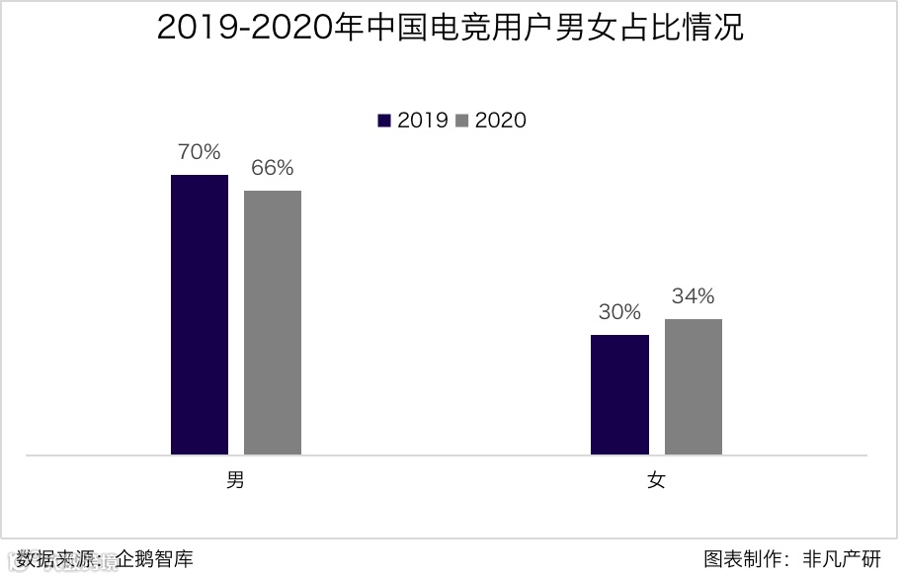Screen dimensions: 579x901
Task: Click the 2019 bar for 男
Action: pyautogui.click(x=200, y=314)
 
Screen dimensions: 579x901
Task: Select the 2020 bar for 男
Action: pyautogui.click(x=273, y=322)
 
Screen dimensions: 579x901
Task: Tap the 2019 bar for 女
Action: pyautogui.click(x=619, y=394)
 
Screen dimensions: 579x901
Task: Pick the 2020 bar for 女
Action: pyautogui.click(x=693, y=386)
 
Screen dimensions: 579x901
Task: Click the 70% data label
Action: pyautogui.click(x=199, y=152)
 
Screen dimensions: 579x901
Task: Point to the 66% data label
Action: pyautogui.click(x=272, y=168)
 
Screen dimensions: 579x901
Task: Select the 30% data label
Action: pyautogui.click(x=619, y=312)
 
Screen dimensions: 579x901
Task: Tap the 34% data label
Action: pyautogui.click(x=693, y=296)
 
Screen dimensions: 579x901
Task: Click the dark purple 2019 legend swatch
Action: pyautogui.click(x=384, y=121)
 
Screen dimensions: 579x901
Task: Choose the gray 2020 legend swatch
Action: pyautogui.click(x=462, y=121)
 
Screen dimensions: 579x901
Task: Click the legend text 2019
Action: pyautogui.click(x=423, y=121)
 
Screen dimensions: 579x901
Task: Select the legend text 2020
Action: pyautogui.click(x=501, y=121)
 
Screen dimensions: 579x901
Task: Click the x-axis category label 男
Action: pyautogui.click(x=235, y=481)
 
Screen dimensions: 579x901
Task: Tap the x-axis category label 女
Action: pyautogui.click(x=656, y=481)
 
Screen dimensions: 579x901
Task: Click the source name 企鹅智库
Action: pyautogui.click(x=154, y=559)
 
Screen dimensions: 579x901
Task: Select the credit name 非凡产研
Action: pyautogui.click(x=842, y=559)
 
